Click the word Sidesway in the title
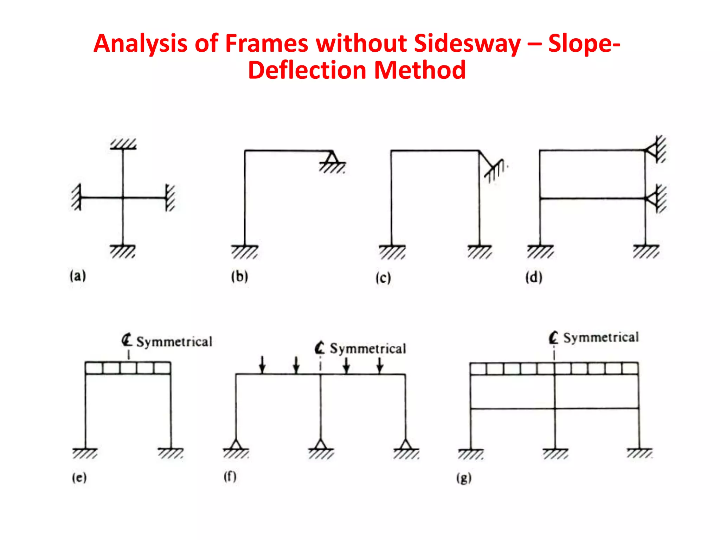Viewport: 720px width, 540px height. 467,44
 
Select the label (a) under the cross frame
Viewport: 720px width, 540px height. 78,276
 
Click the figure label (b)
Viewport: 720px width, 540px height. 239,276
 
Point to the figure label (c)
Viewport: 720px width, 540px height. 383,278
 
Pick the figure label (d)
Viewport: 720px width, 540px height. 534,277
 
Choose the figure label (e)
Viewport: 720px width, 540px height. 79,477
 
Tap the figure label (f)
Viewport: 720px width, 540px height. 230,477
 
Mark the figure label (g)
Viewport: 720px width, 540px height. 464,478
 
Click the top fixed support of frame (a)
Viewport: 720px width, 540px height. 123,144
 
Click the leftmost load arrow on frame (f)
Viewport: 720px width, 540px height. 262,365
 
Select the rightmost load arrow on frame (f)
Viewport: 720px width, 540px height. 380,365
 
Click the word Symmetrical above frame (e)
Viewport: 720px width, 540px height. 174,342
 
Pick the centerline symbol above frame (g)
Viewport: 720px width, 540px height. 553,338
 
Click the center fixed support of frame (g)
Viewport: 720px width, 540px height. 555,454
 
